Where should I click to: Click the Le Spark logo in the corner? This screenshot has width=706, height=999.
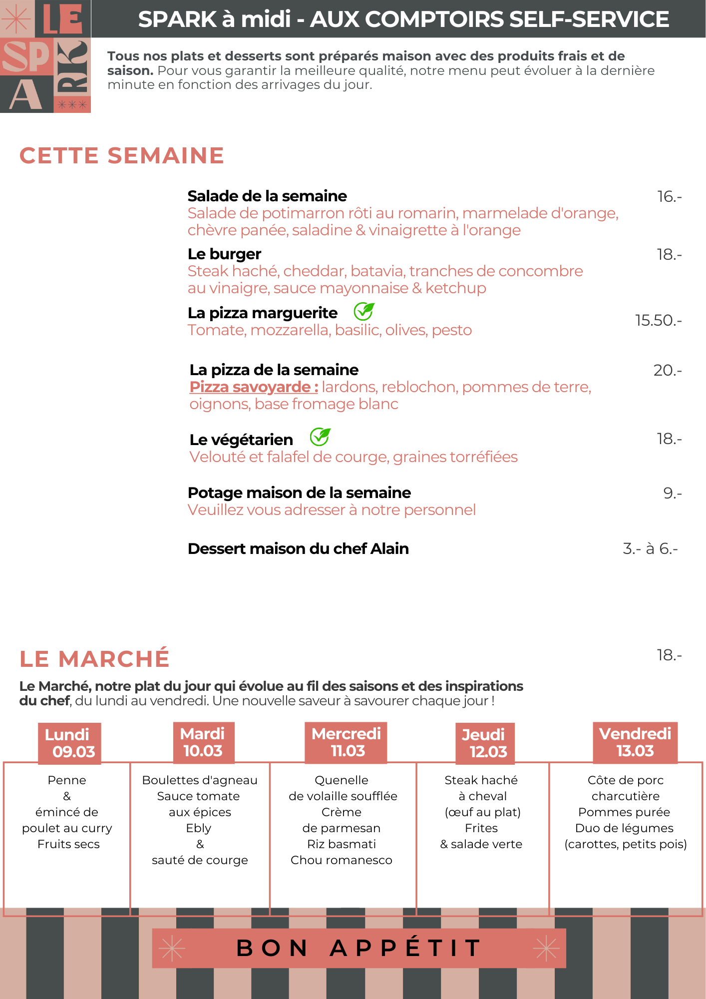tap(45, 56)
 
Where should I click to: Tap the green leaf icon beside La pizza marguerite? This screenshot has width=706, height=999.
tap(363, 312)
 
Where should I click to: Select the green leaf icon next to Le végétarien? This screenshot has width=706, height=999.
tap(320, 437)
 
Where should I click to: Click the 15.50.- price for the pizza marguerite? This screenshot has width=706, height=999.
tap(658, 320)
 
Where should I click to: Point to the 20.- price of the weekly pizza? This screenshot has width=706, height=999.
tap(668, 370)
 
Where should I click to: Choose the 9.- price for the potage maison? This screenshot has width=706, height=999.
tap(672, 493)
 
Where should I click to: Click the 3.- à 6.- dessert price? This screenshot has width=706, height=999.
tap(650, 548)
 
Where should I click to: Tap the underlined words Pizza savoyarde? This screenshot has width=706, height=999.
tap(253, 387)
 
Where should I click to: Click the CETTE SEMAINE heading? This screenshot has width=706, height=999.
tap(122, 155)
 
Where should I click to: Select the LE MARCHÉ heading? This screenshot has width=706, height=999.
tap(94, 658)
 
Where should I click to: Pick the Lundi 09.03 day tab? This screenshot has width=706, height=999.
tap(69, 743)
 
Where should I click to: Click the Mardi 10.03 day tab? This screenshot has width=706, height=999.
tap(203, 742)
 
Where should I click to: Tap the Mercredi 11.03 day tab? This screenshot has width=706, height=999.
tap(346, 742)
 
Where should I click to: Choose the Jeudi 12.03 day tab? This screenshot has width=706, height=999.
tap(484, 743)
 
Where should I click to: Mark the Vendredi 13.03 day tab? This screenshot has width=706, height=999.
tap(635, 742)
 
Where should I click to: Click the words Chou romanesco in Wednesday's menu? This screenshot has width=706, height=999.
tap(342, 860)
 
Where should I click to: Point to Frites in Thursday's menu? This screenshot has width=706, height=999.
tap(481, 828)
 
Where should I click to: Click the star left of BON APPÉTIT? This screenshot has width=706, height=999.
tap(172, 948)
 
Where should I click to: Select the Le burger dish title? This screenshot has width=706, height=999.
tap(224, 254)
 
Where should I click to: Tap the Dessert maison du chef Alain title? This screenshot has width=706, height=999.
tap(298, 549)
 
